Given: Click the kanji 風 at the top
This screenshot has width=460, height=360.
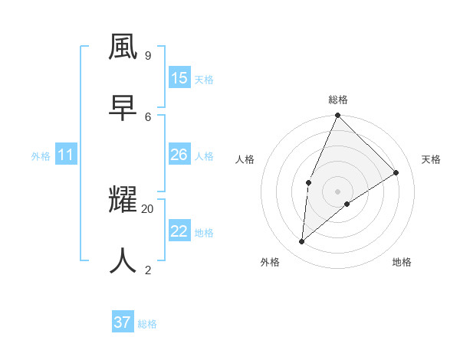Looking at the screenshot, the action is (x=123, y=47).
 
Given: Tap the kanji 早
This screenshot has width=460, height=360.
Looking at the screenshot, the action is (x=123, y=108).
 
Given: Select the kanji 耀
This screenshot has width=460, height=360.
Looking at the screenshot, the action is (x=123, y=201).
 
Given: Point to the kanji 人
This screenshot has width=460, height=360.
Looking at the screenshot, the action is (x=123, y=261).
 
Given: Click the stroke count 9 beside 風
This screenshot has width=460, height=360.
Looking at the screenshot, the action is (x=148, y=55).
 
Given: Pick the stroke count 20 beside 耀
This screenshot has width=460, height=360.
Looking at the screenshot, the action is (x=148, y=208).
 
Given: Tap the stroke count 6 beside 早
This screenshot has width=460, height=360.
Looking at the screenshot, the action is (x=148, y=116).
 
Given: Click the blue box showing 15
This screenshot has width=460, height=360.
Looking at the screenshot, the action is (x=179, y=78).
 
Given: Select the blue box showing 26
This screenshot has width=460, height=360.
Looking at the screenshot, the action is (x=179, y=155).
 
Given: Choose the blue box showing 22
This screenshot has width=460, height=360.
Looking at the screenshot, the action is (x=179, y=231).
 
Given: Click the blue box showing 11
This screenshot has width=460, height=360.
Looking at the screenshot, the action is (x=66, y=155).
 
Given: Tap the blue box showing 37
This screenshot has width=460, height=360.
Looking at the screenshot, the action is (x=123, y=322).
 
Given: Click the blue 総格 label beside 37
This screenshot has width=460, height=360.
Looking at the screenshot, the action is (x=147, y=324).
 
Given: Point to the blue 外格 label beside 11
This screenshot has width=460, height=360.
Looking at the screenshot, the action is (x=41, y=156).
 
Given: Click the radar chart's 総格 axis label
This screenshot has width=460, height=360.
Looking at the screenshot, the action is (x=338, y=100).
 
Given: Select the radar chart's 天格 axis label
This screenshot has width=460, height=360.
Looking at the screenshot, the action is (x=432, y=159).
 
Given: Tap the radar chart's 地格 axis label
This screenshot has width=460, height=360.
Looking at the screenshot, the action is (x=402, y=262).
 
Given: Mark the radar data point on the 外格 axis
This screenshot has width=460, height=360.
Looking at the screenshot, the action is (x=302, y=241).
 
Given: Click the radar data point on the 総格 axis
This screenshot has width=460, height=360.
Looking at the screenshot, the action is (x=337, y=116).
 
